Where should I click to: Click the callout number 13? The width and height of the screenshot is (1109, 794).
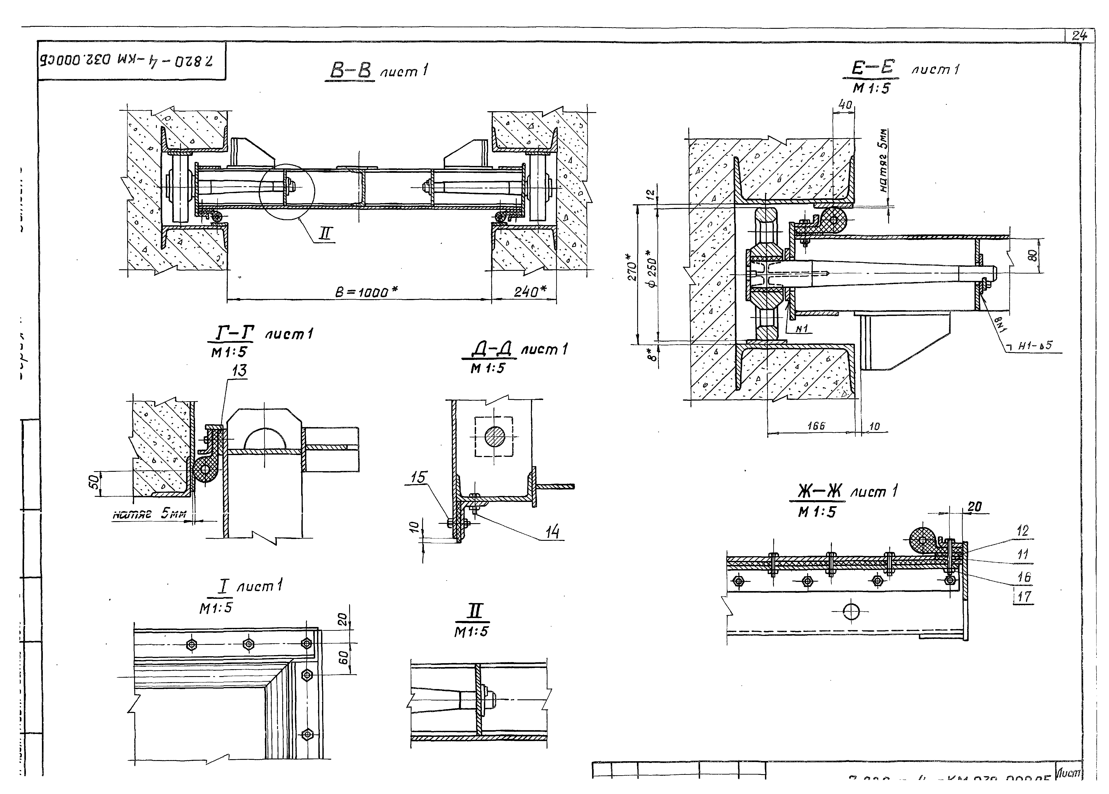(239, 371)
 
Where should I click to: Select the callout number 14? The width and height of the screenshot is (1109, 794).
(552, 532)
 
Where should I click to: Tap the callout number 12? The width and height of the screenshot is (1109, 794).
(1022, 531)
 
